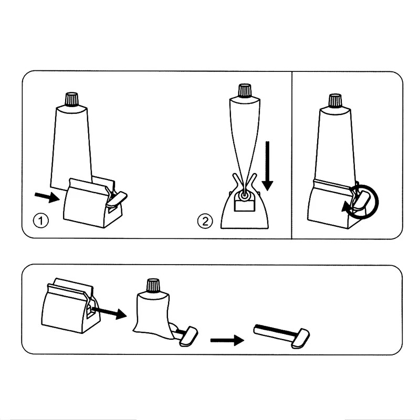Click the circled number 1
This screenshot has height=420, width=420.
pyautogui.click(x=41, y=221)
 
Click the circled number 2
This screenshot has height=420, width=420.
pyautogui.click(x=205, y=221)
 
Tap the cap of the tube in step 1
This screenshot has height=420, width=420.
pyautogui.click(x=72, y=100)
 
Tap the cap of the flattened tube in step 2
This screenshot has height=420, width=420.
pyautogui.click(x=245, y=91)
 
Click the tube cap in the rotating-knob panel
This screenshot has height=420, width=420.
pyautogui.click(x=335, y=101)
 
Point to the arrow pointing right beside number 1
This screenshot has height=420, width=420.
pyautogui.click(x=47, y=197)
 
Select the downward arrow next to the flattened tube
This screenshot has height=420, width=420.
pyautogui.click(x=267, y=166)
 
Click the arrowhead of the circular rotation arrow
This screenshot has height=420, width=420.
pyautogui.click(x=347, y=207)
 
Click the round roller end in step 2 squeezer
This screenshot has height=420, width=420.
pyautogui.click(x=244, y=196)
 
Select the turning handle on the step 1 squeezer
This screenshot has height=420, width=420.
pyautogui.click(x=117, y=199)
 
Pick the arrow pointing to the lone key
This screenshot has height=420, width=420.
pyautogui.click(x=227, y=340)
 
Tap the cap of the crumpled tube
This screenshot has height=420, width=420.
pyautogui.click(x=153, y=286)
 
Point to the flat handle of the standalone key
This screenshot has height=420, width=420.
pyautogui.click(x=300, y=338)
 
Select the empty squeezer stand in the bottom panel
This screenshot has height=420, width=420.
pyautogui.click(x=70, y=306)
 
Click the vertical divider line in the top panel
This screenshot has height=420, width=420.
pyautogui.click(x=292, y=155)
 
